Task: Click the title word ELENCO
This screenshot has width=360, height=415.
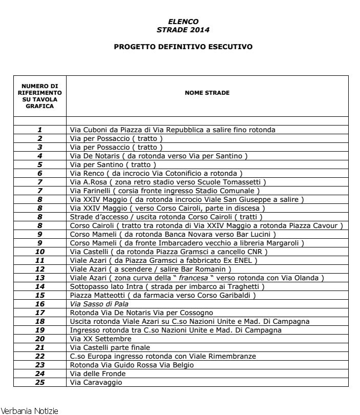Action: [183, 22]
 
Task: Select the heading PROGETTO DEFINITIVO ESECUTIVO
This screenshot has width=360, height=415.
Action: [183, 46]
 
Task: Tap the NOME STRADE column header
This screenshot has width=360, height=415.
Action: [207, 93]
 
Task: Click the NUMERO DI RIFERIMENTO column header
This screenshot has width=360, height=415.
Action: [39, 96]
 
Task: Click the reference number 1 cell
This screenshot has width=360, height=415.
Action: [39, 130]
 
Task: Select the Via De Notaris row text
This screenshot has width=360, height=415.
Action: [158, 156]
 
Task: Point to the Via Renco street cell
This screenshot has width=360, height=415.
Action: [156, 173]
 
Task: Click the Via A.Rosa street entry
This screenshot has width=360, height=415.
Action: [167, 182]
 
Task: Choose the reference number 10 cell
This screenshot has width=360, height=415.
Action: [39, 252]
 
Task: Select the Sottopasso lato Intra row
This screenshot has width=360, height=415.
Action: [167, 286]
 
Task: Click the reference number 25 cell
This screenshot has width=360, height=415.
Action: [39, 382]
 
